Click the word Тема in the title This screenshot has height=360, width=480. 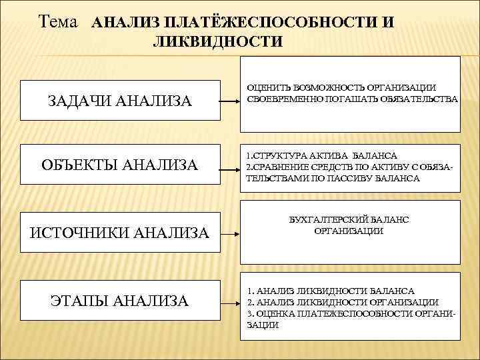[61, 21]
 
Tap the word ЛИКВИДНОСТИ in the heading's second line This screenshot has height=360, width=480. [218, 42]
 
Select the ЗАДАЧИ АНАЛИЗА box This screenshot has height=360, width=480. [121, 101]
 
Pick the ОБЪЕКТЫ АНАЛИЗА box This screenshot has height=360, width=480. [121, 164]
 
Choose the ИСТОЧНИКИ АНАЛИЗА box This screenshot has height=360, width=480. [121, 232]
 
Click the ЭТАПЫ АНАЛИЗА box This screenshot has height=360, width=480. [121, 301]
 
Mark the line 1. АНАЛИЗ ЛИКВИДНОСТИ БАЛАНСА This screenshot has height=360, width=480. [330, 291]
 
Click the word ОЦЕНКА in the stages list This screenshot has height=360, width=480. [278, 313]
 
